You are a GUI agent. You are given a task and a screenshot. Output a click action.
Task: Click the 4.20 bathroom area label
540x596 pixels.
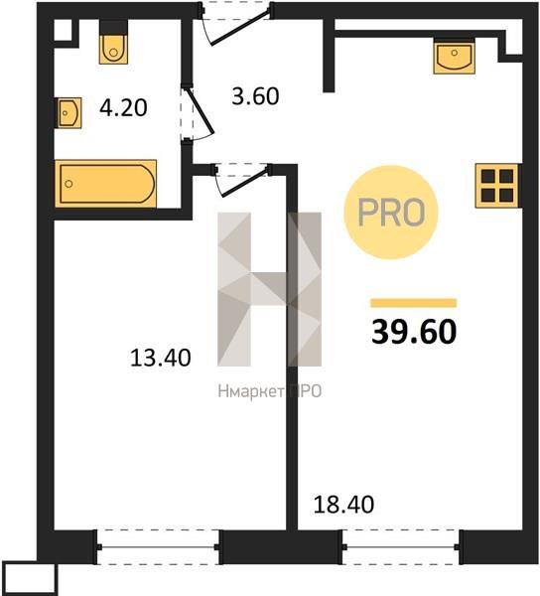coord(123,107)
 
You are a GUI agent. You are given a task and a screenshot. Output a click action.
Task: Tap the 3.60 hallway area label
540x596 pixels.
coord(255,95)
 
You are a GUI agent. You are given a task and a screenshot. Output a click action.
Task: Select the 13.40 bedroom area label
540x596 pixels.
coord(160,358)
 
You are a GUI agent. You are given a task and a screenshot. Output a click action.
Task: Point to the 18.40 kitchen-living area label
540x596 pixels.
coord(343,505)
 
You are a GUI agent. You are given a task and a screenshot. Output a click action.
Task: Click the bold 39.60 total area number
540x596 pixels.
coord(414,332)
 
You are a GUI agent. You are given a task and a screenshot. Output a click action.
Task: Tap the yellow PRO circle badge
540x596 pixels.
coord(391,213)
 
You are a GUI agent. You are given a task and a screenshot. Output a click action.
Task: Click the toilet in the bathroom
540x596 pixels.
coord(113,43)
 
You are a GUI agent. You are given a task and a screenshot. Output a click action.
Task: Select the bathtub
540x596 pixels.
coord(105,184)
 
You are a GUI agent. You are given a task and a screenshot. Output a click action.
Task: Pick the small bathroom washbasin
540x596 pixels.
coord(68,113)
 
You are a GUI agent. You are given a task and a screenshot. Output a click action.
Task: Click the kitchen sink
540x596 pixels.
coord(455,57)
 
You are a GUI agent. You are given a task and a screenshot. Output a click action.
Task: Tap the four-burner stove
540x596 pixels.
coord(497,186)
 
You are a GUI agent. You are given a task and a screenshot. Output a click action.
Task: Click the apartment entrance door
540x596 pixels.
coord(235,24)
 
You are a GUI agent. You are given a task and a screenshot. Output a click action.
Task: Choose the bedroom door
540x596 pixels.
coord(241,179)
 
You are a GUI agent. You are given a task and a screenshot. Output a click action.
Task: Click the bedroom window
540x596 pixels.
coord(158,547)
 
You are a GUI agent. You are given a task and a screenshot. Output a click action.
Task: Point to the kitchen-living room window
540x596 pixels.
coord(401,547)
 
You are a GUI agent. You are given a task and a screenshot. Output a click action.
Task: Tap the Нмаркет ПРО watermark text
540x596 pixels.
coord(270,391)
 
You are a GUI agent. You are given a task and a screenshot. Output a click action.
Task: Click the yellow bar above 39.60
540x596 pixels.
coord(414,303)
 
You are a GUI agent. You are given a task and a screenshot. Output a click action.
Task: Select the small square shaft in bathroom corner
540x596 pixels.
coord(63,30)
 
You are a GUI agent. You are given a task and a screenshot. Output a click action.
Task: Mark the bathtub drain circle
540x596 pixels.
coord(68,184)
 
